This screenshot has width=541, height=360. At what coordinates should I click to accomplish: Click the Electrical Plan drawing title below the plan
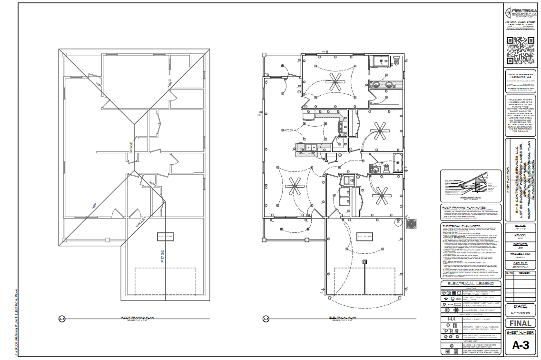click(343, 317)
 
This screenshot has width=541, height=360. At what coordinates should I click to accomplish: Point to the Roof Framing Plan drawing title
click(138, 317)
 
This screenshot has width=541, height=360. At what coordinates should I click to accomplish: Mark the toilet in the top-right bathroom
click(396, 60)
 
